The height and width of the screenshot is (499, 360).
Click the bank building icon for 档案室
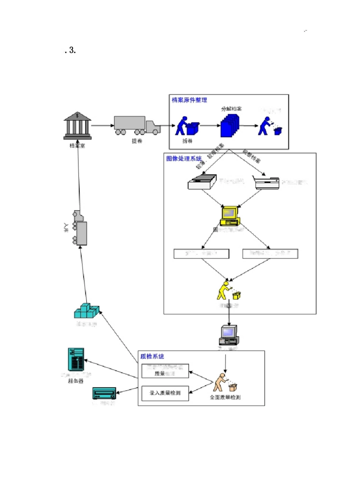(77, 125)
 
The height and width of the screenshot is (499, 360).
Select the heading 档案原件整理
(189, 100)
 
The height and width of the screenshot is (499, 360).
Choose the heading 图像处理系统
(184, 159)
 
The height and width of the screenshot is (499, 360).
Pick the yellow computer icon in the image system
(230, 216)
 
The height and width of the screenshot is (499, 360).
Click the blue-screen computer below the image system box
(229, 335)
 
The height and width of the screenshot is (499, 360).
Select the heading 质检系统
(152, 356)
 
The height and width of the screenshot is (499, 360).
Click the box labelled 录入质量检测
(165, 393)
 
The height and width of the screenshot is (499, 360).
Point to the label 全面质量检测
(225, 397)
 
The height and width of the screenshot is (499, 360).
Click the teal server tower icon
(76, 359)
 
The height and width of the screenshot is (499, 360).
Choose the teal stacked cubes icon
(86, 311)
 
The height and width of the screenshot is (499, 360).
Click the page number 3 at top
(72, 50)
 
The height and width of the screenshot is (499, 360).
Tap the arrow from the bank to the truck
(102, 125)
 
